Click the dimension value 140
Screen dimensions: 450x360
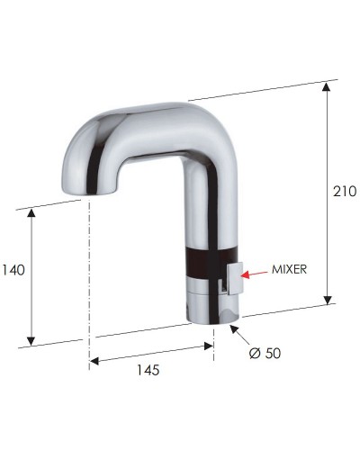13,269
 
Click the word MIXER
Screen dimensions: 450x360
292,269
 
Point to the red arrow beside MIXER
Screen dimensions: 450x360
253,269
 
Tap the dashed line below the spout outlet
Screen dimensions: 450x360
89,270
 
